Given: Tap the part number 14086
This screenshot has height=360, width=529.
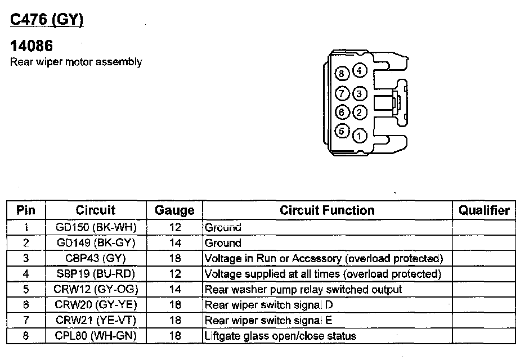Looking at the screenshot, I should tap(32, 46).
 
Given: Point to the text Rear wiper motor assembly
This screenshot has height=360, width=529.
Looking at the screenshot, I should tap(76, 62).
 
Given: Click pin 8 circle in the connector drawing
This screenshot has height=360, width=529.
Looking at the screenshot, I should tap(342, 74).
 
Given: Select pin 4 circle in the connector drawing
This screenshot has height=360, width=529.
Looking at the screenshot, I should tap(360, 71).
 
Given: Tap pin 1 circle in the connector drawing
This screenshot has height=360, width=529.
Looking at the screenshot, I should tap(360, 135).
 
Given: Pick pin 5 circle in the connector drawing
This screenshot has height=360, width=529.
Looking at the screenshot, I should tap(342, 132).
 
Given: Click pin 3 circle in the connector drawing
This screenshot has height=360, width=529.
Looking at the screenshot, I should tap(360, 93).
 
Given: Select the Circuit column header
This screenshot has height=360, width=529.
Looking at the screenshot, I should tap(96, 210).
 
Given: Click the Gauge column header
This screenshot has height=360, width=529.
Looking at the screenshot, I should tap(174, 211).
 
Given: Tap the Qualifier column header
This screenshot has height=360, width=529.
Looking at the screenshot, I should tap(484, 210).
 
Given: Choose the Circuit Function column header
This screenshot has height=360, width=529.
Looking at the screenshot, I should tap(327, 210).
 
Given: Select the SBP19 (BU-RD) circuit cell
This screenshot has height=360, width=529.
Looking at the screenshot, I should tap(96, 274).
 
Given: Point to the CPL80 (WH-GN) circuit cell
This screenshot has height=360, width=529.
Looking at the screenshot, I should tap(96, 336).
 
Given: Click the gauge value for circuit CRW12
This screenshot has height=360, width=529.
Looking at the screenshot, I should tap(174, 290).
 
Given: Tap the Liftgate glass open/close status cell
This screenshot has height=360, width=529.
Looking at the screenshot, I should tap(280, 336).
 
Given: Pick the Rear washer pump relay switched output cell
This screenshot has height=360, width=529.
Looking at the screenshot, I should tap(303, 290).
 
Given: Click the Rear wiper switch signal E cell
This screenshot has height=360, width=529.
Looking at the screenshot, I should tap(268, 321).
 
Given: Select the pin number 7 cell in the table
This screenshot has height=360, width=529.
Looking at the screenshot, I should tap(26, 321).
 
